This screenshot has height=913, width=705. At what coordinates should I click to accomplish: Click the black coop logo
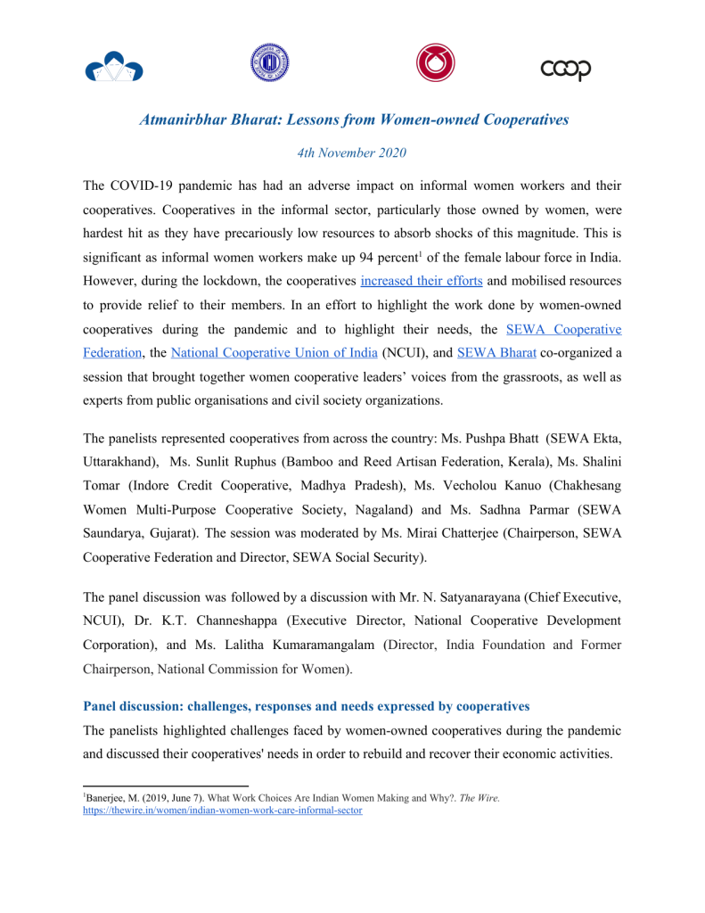pyautogui.click(x=566, y=69)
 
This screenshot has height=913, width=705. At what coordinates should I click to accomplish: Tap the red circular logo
pyautogui.click(x=435, y=63)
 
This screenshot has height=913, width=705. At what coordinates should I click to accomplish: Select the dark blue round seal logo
pyautogui.click(x=268, y=62)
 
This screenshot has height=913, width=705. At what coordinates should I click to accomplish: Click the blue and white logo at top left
pyautogui.click(x=114, y=66)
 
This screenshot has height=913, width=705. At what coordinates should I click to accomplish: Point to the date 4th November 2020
pyautogui.click(x=352, y=152)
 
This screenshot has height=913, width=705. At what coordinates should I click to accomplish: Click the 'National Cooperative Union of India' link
pyautogui.click(x=274, y=351)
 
